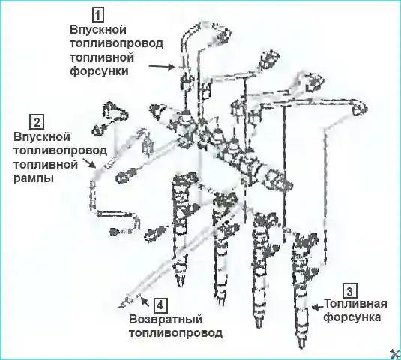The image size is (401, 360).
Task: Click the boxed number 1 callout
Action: point(98,15)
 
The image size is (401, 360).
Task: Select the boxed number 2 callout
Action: point(37,122)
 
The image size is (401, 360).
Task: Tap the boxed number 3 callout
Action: point(349,291)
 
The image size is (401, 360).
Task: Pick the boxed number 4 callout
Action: point(160,305)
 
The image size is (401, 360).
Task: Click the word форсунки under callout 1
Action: point(99,70)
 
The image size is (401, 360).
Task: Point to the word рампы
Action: point(34,178)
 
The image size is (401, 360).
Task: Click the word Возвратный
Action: point(166,319)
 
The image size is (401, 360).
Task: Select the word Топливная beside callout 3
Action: point(356,304)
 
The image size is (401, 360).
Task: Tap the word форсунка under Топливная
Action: point(352,317)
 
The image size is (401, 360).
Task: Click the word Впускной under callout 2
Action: point(42,137)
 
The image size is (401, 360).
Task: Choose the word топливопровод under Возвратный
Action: point(175,333)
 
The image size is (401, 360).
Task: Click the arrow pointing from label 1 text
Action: point(162,66)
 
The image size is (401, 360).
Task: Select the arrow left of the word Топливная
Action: point(317,307)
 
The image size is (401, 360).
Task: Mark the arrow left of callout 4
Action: point(145,301)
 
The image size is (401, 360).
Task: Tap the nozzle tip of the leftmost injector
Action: point(181,284)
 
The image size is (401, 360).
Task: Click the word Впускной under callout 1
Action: point(98,30)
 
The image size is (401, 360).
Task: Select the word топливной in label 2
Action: point(46,164)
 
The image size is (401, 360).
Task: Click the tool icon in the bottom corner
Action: point(394,354)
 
